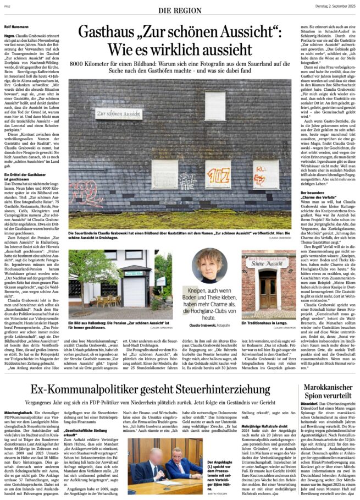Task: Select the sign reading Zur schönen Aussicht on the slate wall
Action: point(119,113)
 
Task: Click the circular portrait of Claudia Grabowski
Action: point(209,266)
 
